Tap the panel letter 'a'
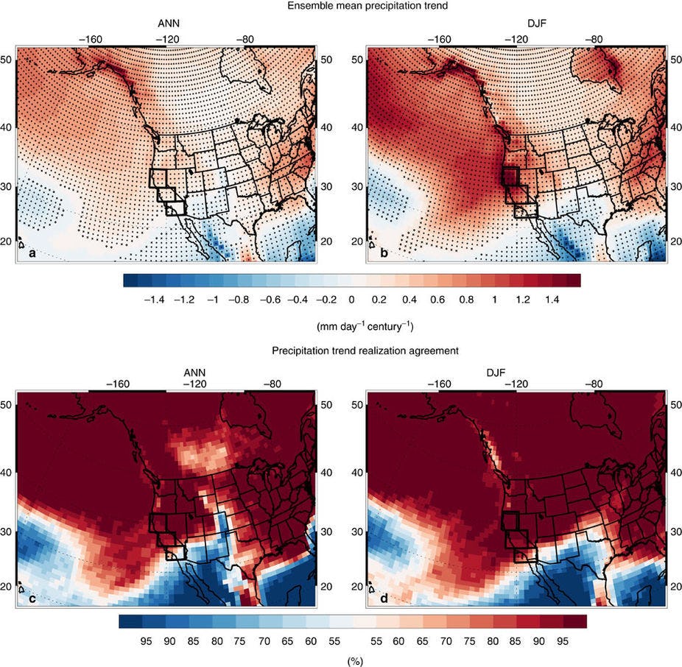(x=32, y=254)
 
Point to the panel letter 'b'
(x=382, y=254)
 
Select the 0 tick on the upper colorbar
(x=352, y=300)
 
